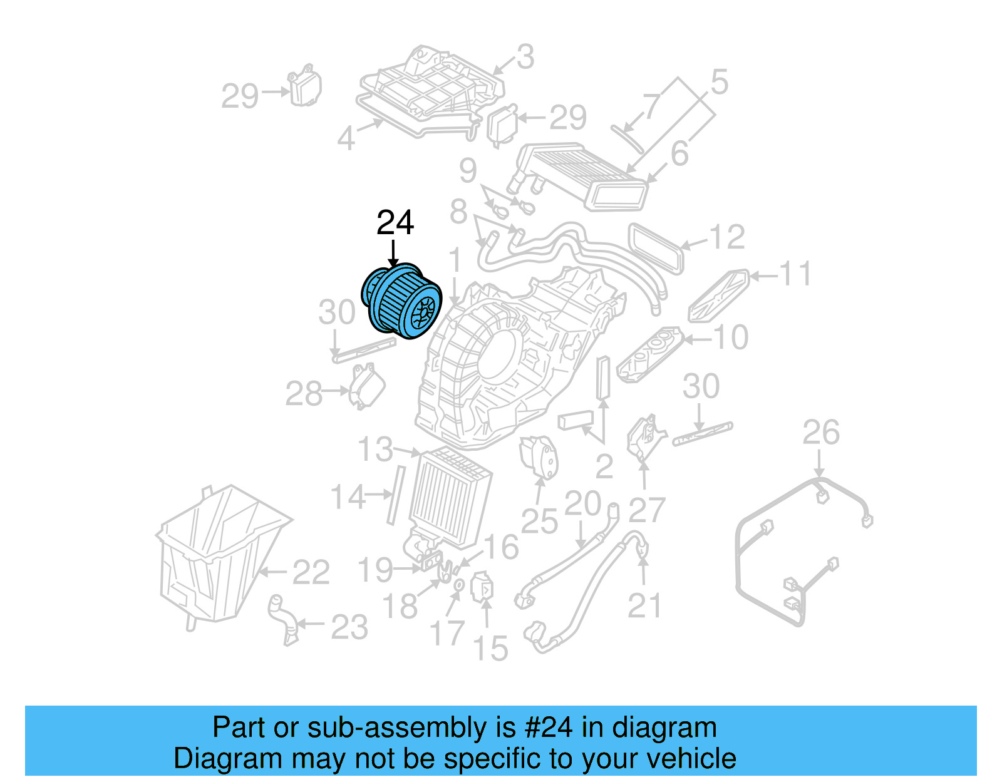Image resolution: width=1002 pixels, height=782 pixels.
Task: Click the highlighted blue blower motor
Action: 403,302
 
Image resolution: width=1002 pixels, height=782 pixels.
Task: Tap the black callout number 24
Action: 395,223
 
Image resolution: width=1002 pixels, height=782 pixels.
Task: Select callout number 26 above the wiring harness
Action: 820,433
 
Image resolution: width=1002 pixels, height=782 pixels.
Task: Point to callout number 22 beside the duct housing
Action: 311,572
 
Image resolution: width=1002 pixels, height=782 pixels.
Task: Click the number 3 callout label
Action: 525,57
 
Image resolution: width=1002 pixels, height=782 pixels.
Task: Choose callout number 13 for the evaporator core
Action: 375,450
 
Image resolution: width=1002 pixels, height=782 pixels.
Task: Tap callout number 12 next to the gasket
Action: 726,237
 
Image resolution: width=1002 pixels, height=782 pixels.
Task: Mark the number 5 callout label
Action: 720,82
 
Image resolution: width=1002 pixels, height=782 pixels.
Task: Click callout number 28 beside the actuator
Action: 304,394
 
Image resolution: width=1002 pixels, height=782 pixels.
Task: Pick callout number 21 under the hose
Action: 644,605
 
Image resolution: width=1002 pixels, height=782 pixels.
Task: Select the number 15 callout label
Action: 490,649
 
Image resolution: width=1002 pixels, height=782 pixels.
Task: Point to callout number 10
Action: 731,337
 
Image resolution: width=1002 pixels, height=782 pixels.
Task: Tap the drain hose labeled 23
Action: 282,620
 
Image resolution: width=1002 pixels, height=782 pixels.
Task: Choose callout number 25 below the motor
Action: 539,521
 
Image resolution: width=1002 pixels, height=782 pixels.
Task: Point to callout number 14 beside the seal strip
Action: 348,497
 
